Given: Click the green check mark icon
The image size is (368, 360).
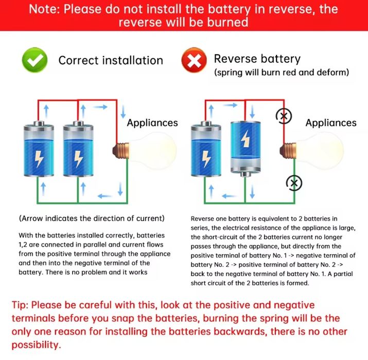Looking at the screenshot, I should pos(33,61).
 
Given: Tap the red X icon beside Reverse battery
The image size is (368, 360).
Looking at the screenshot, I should pos(194,61).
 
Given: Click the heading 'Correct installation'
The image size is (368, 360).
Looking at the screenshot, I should pos(111,60).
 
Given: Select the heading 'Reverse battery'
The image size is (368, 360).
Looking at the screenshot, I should pos(257,58).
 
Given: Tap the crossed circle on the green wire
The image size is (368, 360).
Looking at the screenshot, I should pos(294,182).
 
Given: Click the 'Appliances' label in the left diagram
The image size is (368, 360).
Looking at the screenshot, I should pos(152,122).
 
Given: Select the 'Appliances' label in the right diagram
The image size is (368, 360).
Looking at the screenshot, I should pos(331,122).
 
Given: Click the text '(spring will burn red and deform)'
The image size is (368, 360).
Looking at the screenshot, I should pos(281,73).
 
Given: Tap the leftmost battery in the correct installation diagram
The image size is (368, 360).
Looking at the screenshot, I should pos(39,149).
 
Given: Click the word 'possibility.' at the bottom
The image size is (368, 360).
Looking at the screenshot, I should pos(37,344).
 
